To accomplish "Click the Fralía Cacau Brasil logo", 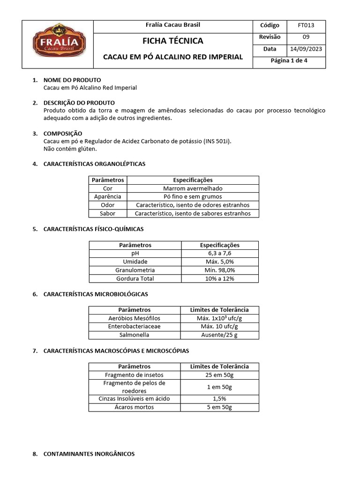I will tap(59, 45).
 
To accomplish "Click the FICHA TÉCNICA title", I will tap(173, 41).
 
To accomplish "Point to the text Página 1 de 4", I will tap(289, 61).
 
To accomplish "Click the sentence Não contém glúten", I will tap(70, 149).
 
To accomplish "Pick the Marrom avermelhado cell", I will tap(193, 188).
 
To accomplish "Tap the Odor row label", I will tap(107, 205).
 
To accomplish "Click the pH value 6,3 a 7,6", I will tap(219, 253).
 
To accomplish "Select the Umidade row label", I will tap(135, 262).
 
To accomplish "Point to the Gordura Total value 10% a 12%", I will tap(219, 278).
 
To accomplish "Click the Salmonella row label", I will tap(135, 335).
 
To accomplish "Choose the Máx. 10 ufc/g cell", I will tap(219, 326).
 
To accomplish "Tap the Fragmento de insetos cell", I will tap(135, 375).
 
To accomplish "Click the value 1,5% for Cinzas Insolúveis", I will tap(219, 398).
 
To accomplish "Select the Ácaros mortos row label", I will tap(135, 407).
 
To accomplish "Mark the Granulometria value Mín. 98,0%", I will tap(219, 270).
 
